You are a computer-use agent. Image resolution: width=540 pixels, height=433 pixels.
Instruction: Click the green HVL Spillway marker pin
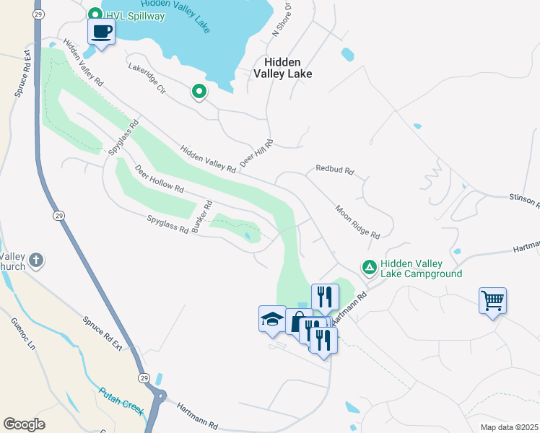[95, 14]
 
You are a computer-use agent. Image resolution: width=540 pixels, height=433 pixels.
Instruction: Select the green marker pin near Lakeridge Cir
[199, 92]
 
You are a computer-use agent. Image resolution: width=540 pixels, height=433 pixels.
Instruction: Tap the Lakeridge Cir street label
[147, 79]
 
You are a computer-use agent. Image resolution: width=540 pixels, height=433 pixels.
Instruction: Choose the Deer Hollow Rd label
[159, 178]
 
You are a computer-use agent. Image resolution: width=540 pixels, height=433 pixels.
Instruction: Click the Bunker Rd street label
[201, 216]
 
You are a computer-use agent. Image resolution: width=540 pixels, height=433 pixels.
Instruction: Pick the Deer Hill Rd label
[256, 153]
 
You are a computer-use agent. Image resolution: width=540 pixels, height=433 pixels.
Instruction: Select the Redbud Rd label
[334, 171]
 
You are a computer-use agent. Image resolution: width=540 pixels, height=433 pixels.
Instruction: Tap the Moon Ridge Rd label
[357, 222]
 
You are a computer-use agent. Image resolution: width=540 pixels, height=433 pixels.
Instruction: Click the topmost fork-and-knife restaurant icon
[325, 296]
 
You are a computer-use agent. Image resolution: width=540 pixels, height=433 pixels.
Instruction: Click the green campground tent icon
[370, 268]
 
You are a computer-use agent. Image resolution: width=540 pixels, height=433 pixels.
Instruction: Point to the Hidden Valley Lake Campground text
[422, 268]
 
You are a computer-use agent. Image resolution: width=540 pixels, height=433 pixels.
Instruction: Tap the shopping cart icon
[492, 299]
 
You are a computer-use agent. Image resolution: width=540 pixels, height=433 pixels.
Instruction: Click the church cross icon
[37, 260]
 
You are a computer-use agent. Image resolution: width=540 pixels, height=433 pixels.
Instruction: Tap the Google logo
[25, 424]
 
